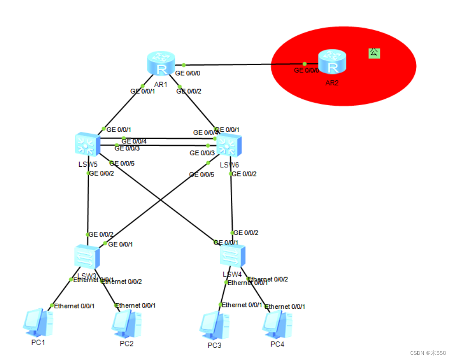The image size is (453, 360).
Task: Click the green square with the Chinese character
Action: coord(374,53)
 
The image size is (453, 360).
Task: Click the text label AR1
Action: coord(161,84)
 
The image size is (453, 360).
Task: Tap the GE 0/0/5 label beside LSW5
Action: coord(122,163)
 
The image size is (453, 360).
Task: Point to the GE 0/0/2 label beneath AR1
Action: coord(188,92)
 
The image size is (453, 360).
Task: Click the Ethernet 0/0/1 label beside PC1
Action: coord(74,306)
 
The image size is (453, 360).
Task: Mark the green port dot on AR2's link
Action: coord(304,64)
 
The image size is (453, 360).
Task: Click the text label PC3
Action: coord(214,345)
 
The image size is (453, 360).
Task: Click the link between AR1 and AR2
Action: coord(242,64)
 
